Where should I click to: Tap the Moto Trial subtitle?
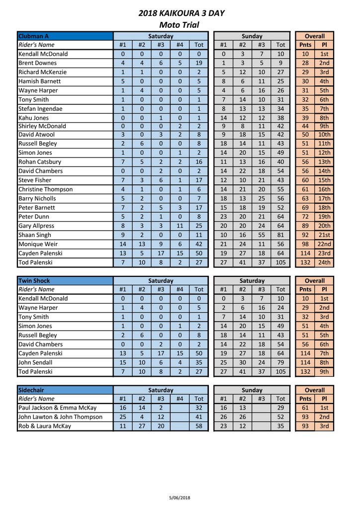click(x=179, y=25)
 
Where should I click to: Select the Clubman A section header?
click(x=33, y=36)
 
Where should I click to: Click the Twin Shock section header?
click(x=34, y=281)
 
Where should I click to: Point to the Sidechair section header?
click(x=32, y=390)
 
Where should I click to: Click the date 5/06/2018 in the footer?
click(x=180, y=497)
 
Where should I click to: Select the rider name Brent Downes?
click(x=37, y=63)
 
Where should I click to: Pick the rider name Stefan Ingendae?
click(x=40, y=108)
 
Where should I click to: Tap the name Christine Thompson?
click(x=45, y=189)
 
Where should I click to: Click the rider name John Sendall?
click(x=36, y=362)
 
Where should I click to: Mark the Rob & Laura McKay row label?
click(x=45, y=426)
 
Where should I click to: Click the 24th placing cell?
click(x=324, y=262)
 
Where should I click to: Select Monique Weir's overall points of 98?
click(x=305, y=244)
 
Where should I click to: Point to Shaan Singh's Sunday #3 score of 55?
click(x=262, y=235)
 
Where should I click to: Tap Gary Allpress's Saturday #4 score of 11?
click(x=180, y=226)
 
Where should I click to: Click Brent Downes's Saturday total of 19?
click(x=199, y=63)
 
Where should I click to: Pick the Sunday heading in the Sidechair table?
click(x=252, y=390)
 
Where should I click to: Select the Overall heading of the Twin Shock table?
click(x=315, y=281)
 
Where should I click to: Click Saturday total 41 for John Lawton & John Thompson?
click(x=199, y=417)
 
